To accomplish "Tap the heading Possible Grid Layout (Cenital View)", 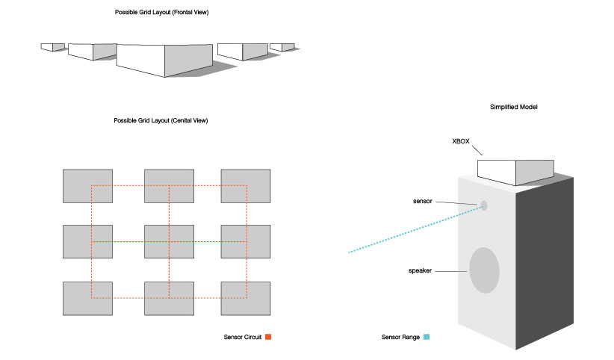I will click(x=161, y=120).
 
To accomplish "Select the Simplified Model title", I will click(x=514, y=108).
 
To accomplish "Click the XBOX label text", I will click(x=461, y=140).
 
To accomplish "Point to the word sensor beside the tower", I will click(x=423, y=202).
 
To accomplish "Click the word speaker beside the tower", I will click(x=422, y=270).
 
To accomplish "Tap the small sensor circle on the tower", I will click(x=483, y=205).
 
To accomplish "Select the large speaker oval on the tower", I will click(x=483, y=270).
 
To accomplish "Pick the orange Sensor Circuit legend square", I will click(x=268, y=338).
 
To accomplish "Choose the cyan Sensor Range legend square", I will click(x=427, y=338).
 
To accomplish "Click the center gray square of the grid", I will click(x=169, y=241).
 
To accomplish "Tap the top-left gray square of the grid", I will click(x=87, y=186).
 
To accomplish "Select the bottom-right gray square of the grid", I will click(x=245, y=298).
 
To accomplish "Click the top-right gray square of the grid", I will click(x=245, y=186).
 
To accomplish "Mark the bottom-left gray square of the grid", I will click(x=87, y=298).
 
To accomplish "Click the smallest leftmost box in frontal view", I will click(x=53, y=47).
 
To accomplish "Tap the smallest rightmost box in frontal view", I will click(x=282, y=47).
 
